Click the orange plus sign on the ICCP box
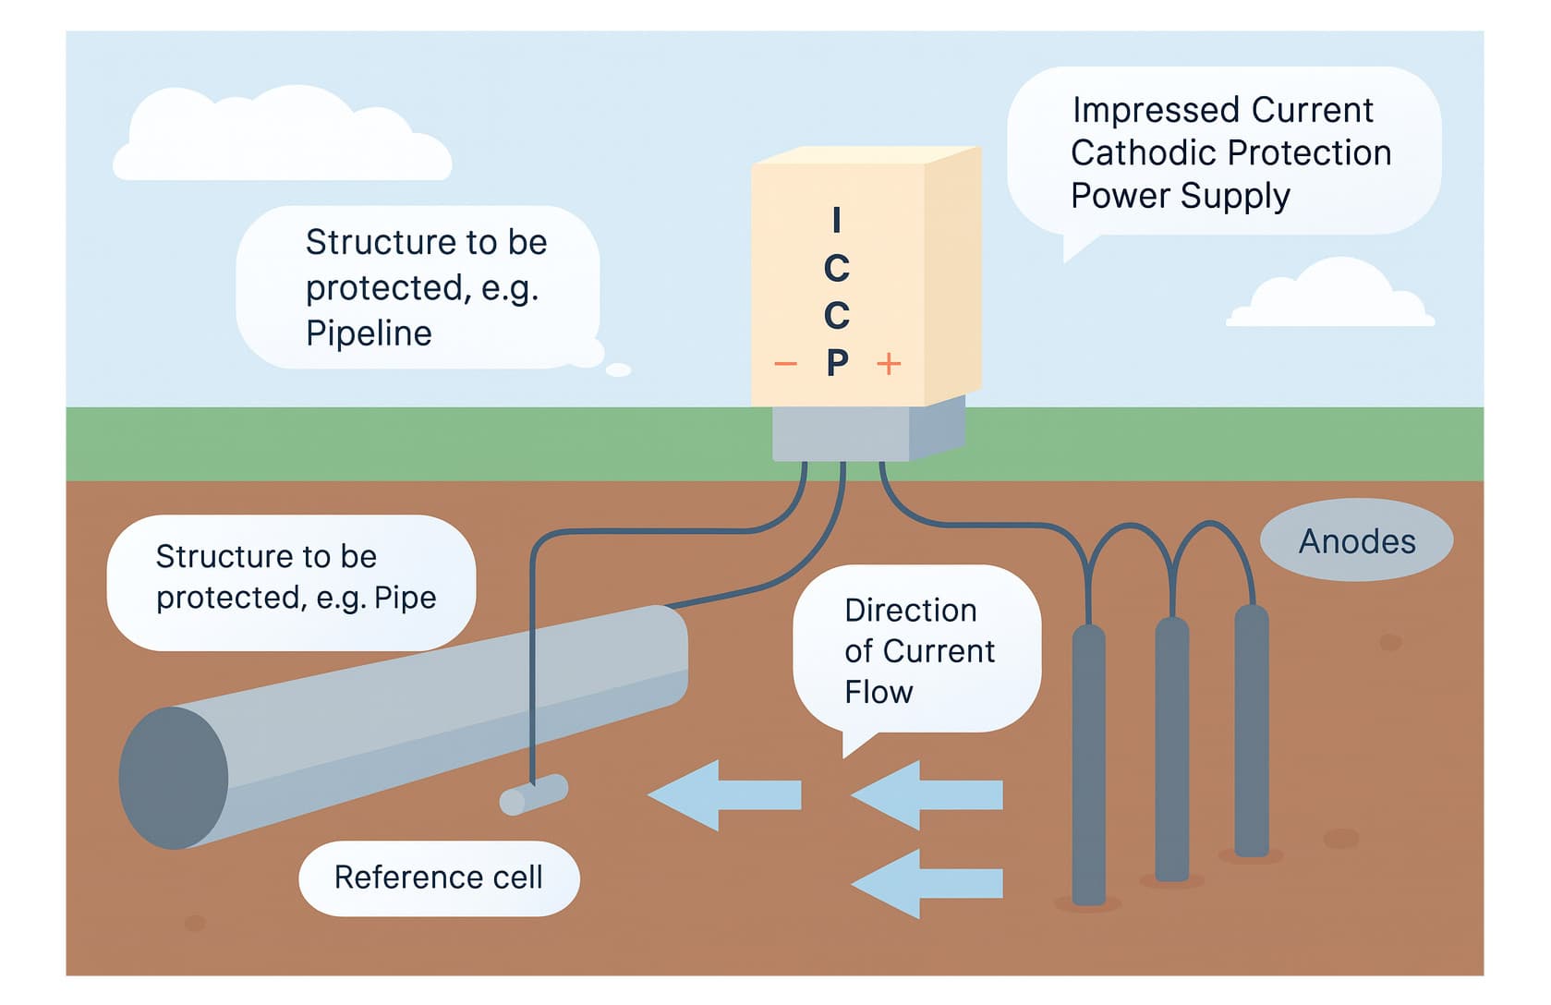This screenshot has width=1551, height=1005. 889,364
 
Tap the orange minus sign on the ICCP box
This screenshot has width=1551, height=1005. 785,364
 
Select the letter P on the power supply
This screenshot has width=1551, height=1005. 837,362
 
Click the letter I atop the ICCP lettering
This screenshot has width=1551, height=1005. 836,220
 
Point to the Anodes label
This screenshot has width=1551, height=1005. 1356,540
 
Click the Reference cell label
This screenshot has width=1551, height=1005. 439,878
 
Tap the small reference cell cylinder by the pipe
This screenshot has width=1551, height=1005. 533,794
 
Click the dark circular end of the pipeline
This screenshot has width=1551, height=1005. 174,778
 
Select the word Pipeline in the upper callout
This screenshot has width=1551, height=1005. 369,333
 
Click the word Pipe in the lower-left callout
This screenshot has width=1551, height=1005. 405,598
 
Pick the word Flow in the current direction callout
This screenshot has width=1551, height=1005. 878,692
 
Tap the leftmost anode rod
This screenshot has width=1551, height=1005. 1088,767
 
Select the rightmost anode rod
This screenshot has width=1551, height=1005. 1251,730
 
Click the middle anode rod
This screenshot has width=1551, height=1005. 1171,748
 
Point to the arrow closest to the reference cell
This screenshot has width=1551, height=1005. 724,794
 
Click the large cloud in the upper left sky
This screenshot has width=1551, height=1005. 282,139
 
